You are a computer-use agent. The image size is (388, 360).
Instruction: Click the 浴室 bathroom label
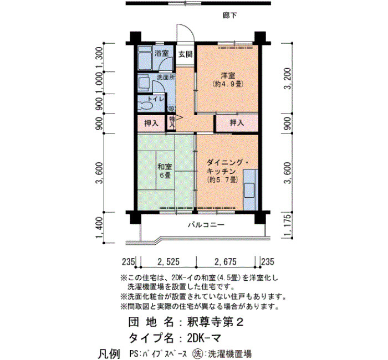click(162, 53)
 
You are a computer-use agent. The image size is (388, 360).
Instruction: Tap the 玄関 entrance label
click(186, 54)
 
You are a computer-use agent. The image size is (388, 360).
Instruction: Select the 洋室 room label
click(228, 75)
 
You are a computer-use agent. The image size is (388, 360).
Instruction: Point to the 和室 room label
click(165, 167)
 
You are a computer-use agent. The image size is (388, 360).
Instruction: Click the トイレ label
click(156, 99)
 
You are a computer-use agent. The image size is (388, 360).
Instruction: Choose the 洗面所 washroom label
click(166, 77)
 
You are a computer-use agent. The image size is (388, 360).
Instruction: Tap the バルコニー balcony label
click(206, 225)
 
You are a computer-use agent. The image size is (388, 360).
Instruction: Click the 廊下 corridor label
click(229, 16)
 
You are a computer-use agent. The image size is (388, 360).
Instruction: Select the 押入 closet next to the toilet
click(151, 123)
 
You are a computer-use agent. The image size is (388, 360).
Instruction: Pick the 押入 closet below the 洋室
click(237, 122)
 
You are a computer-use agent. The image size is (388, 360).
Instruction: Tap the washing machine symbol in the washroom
click(171, 109)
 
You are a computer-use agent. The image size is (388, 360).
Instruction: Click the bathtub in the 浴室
click(145, 58)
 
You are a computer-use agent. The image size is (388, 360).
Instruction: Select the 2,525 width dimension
click(169, 261)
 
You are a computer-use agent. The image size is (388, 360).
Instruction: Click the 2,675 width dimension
click(226, 261)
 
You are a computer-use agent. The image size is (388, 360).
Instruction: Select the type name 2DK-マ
click(203, 338)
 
